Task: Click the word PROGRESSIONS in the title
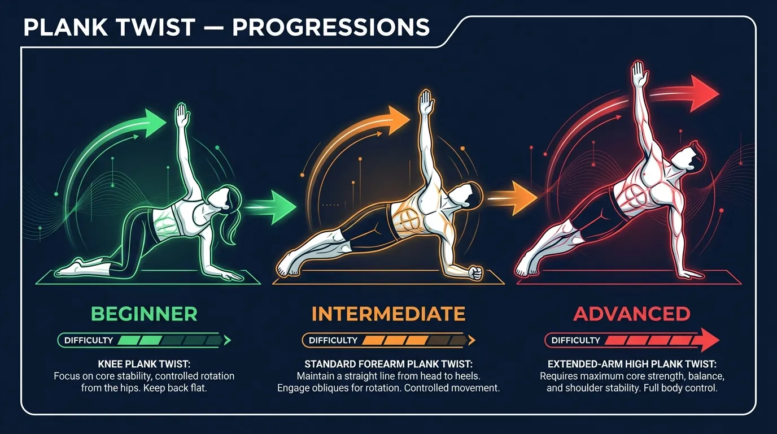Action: (331, 27)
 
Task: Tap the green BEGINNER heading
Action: (144, 314)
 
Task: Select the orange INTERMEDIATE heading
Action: (388, 314)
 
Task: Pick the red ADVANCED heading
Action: (632, 314)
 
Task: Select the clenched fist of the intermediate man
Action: (476, 273)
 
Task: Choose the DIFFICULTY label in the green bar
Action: (89, 340)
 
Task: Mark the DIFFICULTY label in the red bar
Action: (575, 340)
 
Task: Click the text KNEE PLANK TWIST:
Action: (144, 364)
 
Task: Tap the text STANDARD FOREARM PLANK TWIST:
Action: (388, 364)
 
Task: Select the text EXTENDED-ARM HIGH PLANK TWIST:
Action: (632, 364)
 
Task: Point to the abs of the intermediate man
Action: (403, 218)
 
